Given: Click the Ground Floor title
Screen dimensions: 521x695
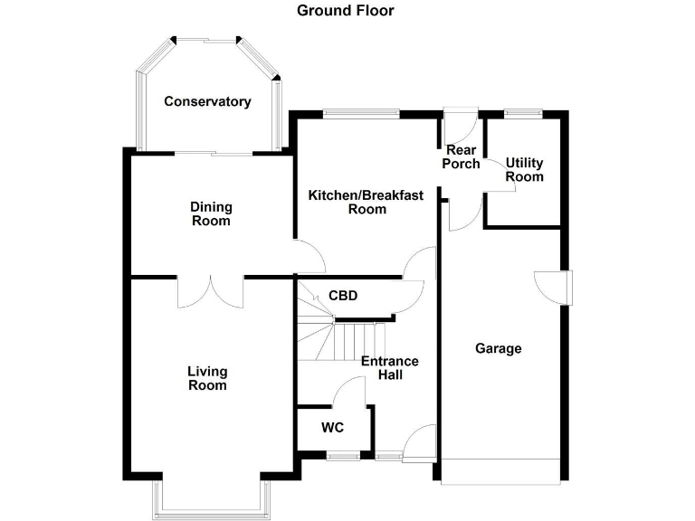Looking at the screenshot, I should click(346, 11).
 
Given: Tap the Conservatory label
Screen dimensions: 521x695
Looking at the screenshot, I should click(207, 101).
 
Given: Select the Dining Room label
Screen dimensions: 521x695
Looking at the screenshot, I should click(211, 213).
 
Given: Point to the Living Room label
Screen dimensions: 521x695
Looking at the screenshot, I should click(207, 378).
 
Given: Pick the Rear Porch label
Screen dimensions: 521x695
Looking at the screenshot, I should click(461, 156).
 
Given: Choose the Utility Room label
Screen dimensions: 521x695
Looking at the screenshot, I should click(525, 169).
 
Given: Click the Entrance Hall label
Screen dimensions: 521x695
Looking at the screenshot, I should click(390, 368).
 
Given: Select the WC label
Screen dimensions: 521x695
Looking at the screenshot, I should click(331, 428).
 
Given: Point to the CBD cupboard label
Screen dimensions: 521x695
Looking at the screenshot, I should click(343, 296).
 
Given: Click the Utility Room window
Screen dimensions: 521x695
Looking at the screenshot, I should click(523, 113).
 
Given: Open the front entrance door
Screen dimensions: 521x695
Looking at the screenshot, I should click(421, 443).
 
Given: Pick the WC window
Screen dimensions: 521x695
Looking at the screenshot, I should click(341, 457).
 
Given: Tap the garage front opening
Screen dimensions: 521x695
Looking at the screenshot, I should click(501, 470).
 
